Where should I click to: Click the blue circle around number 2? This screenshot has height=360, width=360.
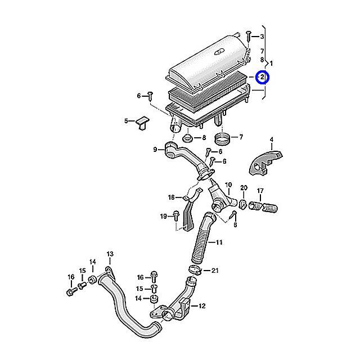(263, 77)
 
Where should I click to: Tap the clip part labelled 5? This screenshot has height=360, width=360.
(142, 123)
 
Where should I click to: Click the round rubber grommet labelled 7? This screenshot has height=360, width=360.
(222, 138)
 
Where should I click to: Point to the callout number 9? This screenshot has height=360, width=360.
(155, 150)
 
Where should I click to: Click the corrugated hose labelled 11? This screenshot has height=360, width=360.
(203, 237)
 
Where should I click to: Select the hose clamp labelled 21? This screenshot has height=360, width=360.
(195, 269)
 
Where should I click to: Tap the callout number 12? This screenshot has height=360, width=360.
(202, 306)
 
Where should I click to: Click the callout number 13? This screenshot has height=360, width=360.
(110, 254)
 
